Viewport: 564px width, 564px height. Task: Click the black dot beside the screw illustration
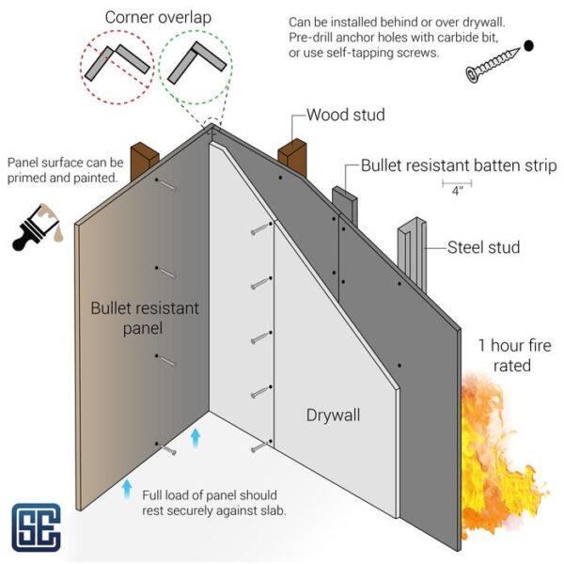[x=528, y=44]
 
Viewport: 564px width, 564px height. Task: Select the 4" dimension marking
[x=457, y=187]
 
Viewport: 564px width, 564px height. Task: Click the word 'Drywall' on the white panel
[x=333, y=415]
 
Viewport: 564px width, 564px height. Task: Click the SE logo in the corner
[x=36, y=526]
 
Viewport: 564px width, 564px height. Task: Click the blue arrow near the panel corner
[x=196, y=438]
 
